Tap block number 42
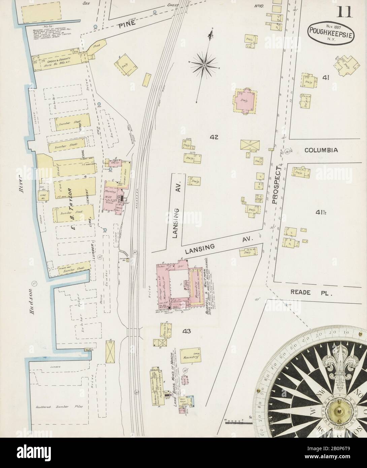pyautogui.click(x=214, y=137)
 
